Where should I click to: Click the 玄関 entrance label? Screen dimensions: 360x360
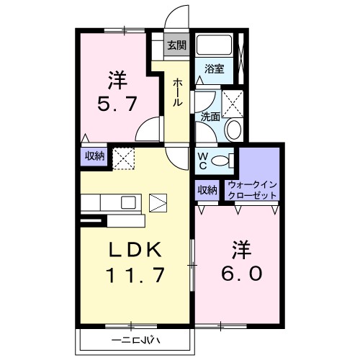pyautogui.click(x=177, y=45)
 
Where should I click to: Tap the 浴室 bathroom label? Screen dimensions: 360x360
pyautogui.click(x=215, y=69)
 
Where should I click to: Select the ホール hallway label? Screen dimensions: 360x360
pyautogui.click(x=178, y=92)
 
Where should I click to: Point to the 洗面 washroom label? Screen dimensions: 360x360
pyautogui.click(x=210, y=117)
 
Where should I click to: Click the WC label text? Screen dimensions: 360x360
pyautogui.click(x=203, y=161)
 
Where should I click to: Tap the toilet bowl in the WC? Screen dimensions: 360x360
pyautogui.click(x=220, y=161)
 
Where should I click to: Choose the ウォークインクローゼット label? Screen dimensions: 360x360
pyautogui.click(x=253, y=190)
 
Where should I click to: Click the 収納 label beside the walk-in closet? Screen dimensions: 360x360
pyautogui.click(x=207, y=190)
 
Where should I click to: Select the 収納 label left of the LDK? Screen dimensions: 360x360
pyautogui.click(x=95, y=156)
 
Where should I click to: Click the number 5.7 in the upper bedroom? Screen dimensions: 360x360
pyautogui.click(x=117, y=104)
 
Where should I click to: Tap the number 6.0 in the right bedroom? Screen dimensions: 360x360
pyautogui.click(x=241, y=274)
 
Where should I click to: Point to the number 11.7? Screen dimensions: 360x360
pyautogui.click(x=135, y=275)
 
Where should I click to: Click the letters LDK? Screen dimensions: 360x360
pyautogui.click(x=135, y=250)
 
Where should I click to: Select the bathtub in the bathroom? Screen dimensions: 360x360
pyautogui.click(x=214, y=45)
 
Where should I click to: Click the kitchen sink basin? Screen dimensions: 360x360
pyautogui.click(x=128, y=202)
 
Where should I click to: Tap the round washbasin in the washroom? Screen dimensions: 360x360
pyautogui.click(x=234, y=130)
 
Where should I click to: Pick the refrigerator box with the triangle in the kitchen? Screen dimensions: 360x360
pyautogui.click(x=158, y=203)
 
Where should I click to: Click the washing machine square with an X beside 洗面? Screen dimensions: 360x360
pyautogui.click(x=233, y=104)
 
